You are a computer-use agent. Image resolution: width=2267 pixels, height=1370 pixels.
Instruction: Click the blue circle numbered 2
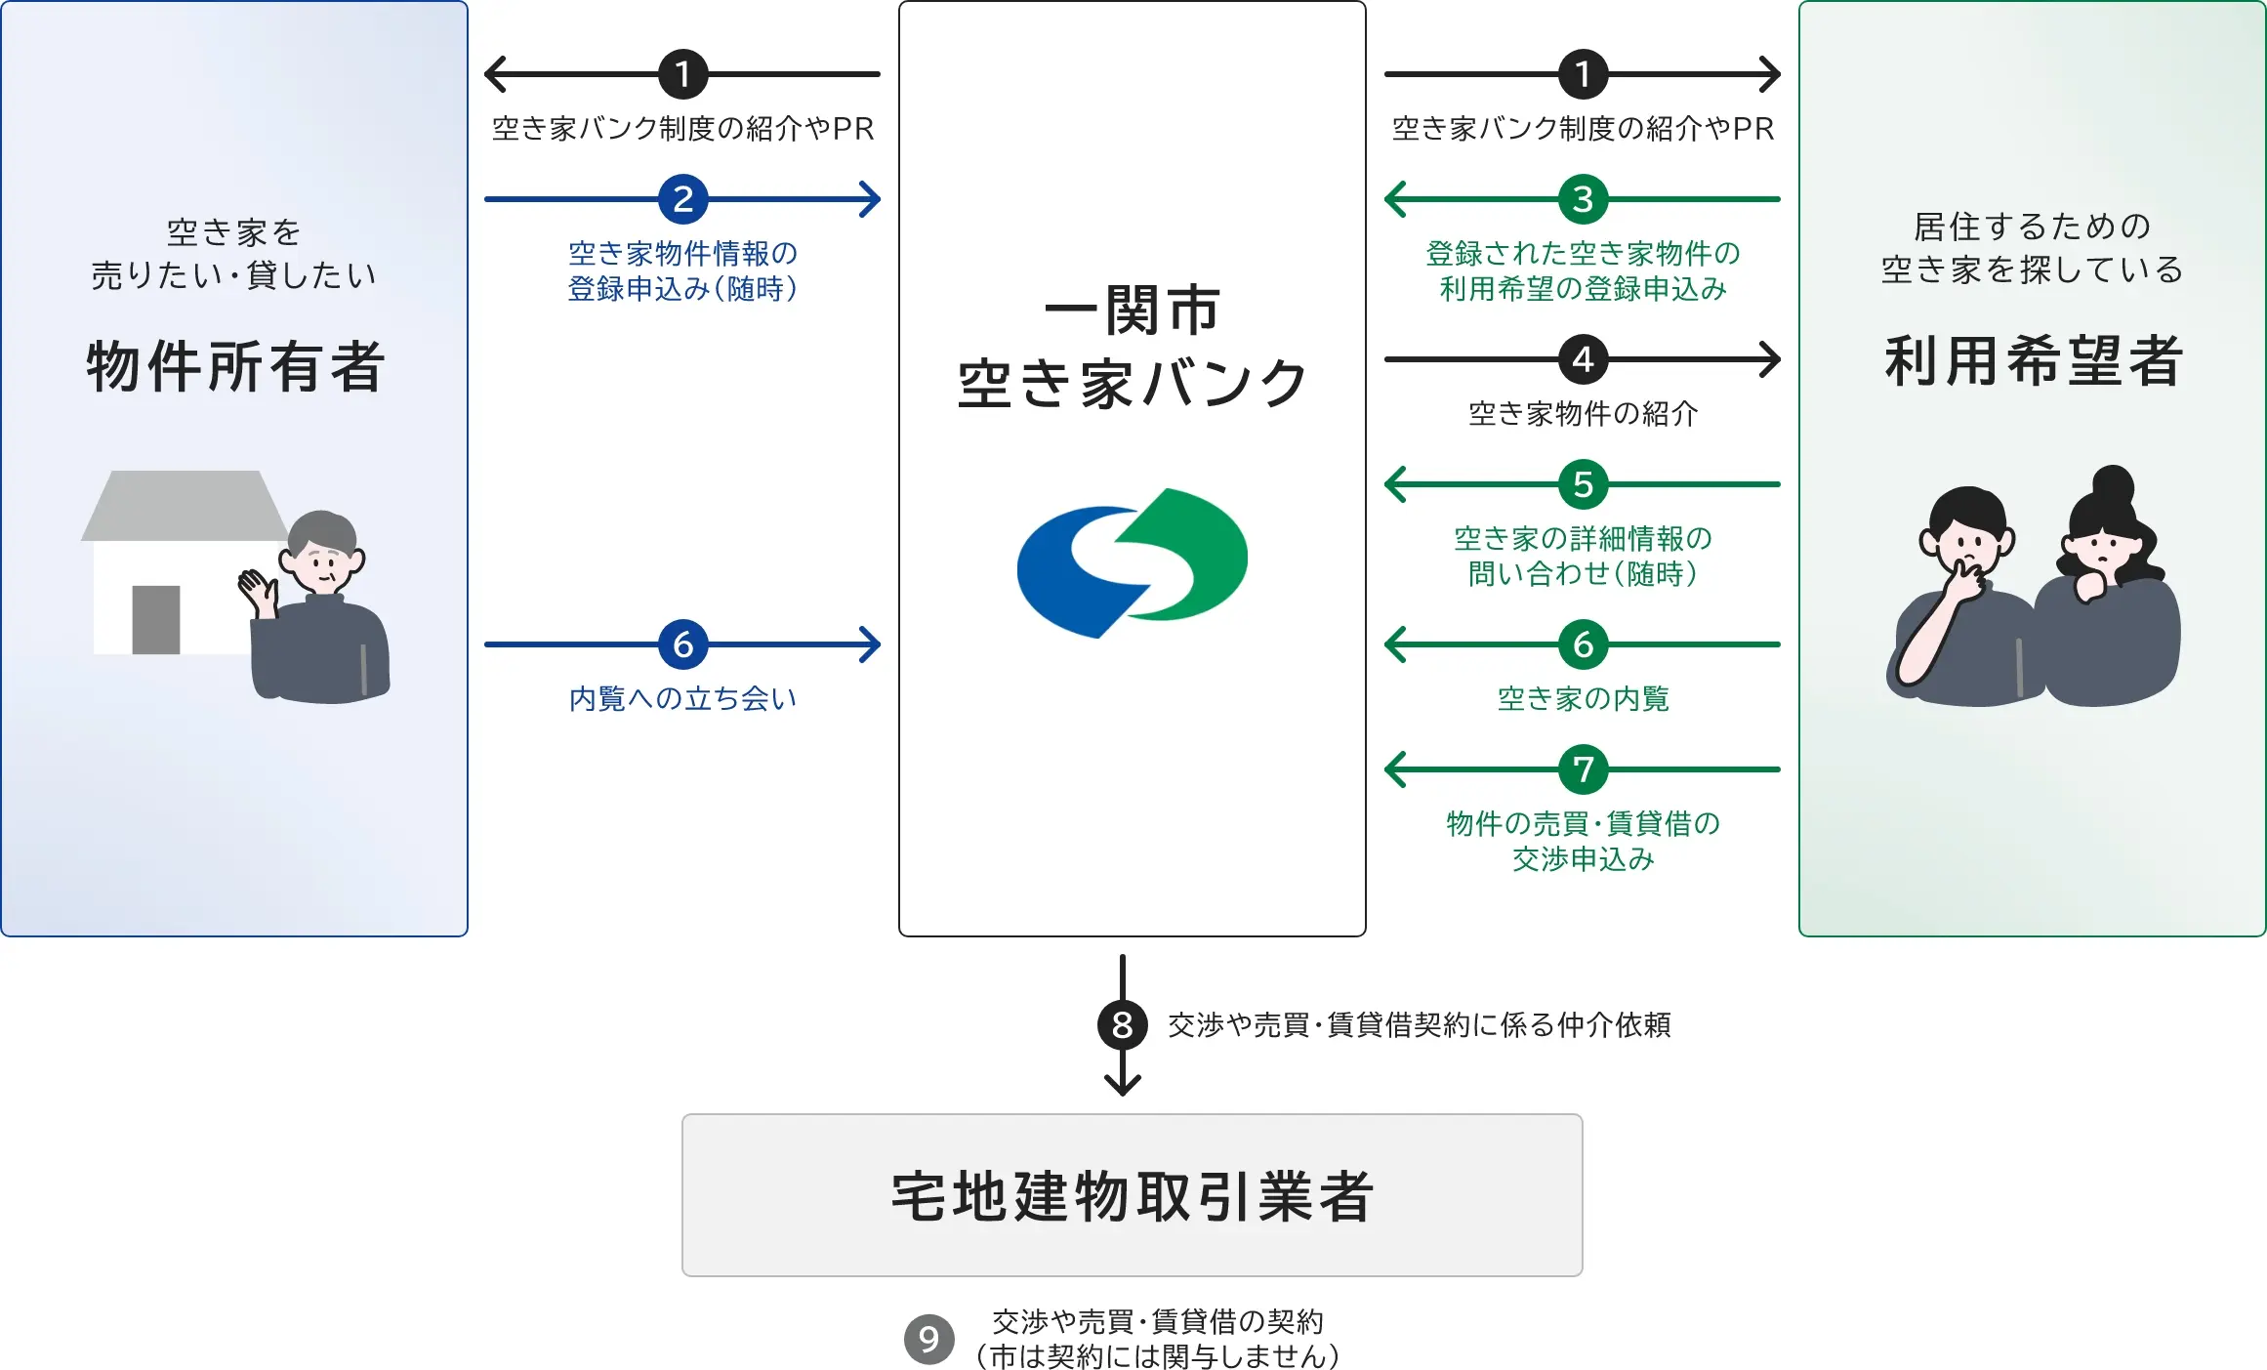682,199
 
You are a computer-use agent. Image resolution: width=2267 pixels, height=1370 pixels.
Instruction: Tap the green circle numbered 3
1583,199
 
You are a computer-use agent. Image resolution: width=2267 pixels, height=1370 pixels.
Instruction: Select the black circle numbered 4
1583,359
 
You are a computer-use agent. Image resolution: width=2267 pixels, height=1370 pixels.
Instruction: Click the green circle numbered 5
1583,484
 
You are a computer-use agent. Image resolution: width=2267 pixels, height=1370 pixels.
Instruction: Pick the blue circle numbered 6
682,644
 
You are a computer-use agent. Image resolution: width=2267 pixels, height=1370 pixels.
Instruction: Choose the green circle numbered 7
1583,769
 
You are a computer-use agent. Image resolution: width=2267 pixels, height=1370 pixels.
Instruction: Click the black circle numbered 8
1123,1024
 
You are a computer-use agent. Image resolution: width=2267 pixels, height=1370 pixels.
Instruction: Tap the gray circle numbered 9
928,1339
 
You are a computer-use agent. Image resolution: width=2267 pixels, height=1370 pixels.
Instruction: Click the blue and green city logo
1133,562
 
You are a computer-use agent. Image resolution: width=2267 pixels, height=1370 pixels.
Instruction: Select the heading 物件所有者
235,366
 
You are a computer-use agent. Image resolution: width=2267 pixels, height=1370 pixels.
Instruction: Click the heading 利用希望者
2033,360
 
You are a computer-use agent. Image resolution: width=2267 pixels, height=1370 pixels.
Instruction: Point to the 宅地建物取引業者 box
1132,1195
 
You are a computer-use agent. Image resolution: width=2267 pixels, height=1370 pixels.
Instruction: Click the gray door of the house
156,619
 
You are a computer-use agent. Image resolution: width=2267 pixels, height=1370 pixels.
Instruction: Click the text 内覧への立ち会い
682,698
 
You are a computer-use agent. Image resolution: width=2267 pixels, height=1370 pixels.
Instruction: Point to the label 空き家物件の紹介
1583,414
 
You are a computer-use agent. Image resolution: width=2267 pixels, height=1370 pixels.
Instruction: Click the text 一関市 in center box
1133,311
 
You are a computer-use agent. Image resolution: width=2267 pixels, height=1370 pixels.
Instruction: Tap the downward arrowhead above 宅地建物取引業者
1123,1085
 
